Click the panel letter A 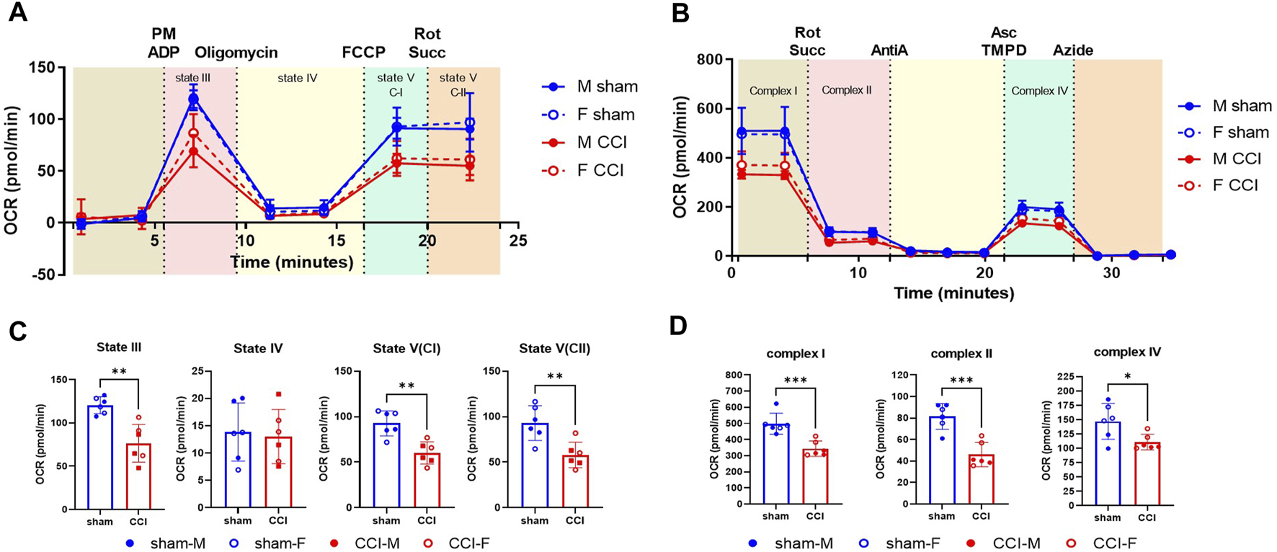coord(17,12)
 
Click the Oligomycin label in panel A coord(236,53)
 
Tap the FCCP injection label coord(363,53)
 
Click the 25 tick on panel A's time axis coord(517,241)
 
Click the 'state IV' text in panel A coord(298,78)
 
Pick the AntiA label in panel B coord(889,50)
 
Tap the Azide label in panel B coord(1072,50)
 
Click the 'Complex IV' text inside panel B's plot coord(1039,91)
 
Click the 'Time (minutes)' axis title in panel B coord(953,293)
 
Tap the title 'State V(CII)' coord(554,349)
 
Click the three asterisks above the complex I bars coord(795,380)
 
